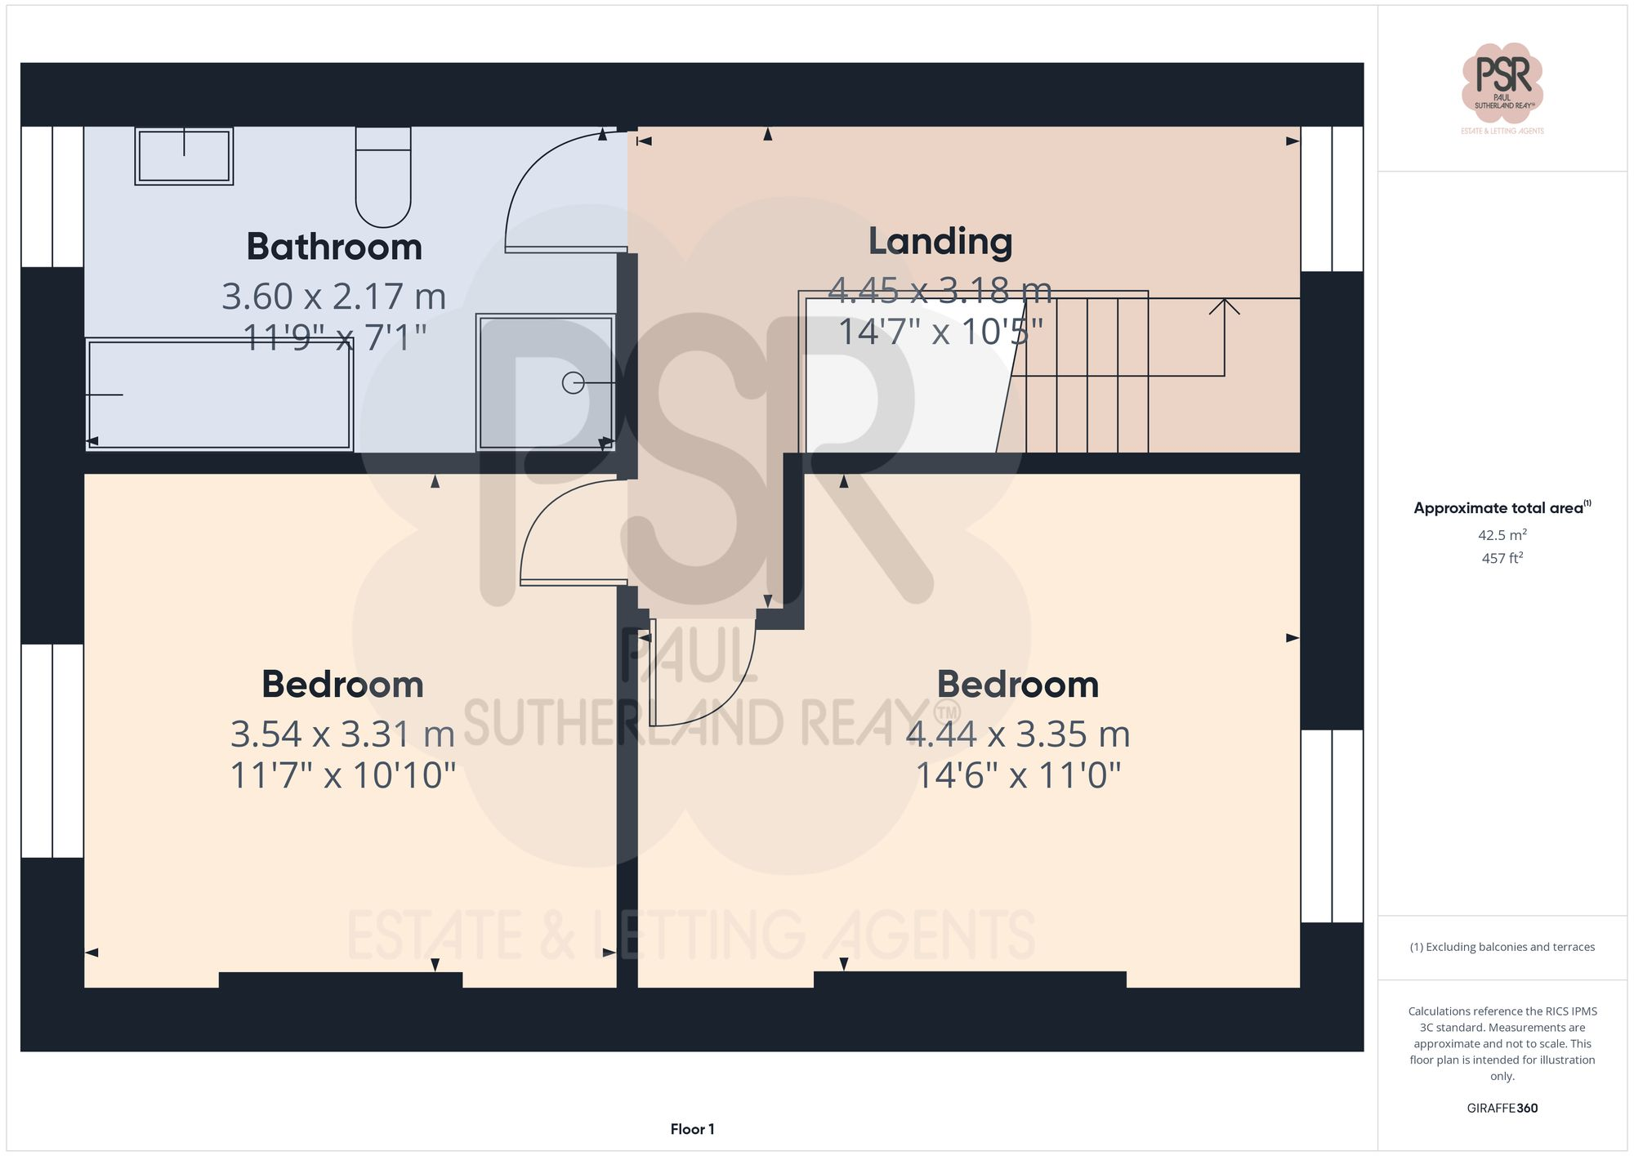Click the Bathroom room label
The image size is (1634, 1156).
(334, 247)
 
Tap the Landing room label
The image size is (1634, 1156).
(940, 241)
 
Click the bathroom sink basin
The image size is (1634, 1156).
(184, 155)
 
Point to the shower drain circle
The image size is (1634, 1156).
(573, 382)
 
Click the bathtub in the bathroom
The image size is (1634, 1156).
(219, 395)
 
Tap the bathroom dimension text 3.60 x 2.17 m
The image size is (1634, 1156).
(334, 296)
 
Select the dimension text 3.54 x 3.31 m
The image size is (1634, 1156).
(342, 734)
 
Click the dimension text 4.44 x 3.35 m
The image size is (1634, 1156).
(1017, 734)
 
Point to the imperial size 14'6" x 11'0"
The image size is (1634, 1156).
(1017, 775)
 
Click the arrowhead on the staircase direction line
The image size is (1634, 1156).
(1224, 306)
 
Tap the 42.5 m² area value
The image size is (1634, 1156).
(1502, 535)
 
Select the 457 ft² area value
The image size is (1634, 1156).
(1502, 558)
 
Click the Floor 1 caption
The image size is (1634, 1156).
(692, 1129)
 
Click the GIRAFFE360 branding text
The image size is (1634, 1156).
(1502, 1108)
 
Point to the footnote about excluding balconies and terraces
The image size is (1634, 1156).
(1502, 947)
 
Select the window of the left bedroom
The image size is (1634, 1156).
(52, 750)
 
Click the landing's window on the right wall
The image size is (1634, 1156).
(1332, 199)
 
